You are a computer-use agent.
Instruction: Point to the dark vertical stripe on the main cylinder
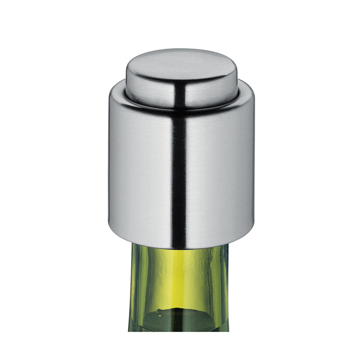(x=179, y=178)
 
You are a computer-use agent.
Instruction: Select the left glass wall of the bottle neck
(x=133, y=289)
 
